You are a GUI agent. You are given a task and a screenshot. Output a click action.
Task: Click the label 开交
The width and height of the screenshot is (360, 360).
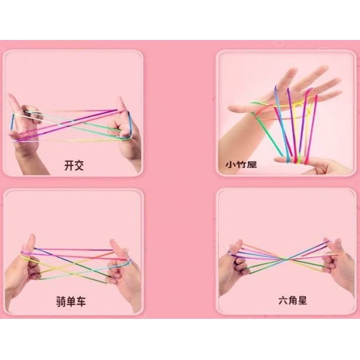(x=74, y=165)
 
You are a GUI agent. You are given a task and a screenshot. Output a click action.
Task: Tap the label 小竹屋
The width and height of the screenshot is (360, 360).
(x=241, y=164)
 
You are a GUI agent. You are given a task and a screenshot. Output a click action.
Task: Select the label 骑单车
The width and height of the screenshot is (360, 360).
(x=71, y=301)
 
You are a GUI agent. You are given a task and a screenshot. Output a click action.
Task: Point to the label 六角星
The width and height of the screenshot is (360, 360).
(x=292, y=301)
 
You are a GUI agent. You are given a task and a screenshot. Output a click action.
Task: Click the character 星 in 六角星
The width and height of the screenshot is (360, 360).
(x=302, y=301)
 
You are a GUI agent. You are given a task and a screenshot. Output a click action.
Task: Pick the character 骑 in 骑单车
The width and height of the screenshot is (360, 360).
(x=61, y=301)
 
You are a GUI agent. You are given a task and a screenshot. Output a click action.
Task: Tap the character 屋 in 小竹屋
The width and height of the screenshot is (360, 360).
(x=252, y=164)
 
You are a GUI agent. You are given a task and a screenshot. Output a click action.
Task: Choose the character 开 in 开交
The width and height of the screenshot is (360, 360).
(x=69, y=165)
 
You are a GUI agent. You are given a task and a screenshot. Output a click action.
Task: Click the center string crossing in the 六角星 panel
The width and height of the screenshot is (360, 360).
(x=286, y=259)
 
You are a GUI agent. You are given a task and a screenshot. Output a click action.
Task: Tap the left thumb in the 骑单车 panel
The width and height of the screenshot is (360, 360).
(x=30, y=244)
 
